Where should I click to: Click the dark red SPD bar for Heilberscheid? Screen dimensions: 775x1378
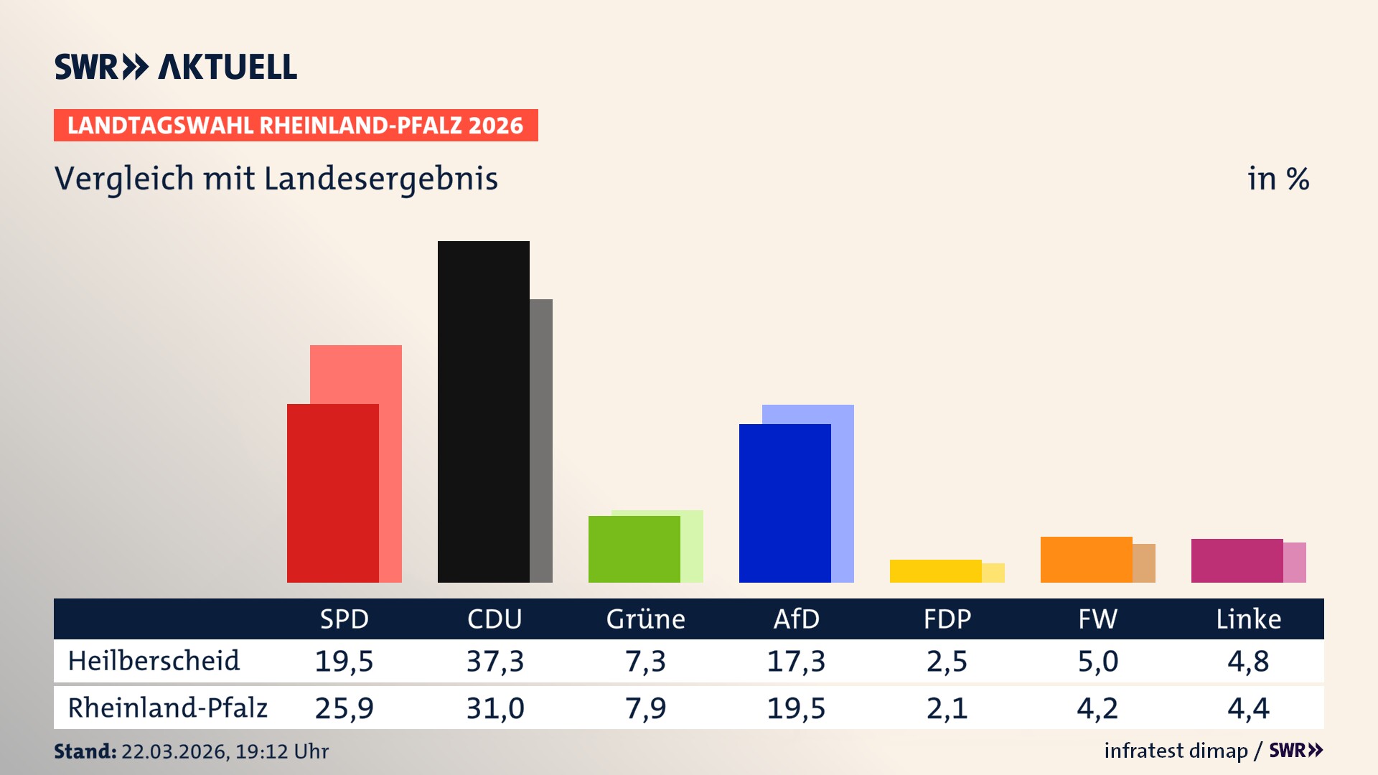[x=332, y=493]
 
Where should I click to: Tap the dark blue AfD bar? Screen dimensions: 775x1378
[x=784, y=503]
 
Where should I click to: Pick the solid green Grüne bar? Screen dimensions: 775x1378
[x=634, y=549]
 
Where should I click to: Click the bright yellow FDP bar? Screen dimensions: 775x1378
[x=935, y=571]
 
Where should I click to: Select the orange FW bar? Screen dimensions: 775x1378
[x=1086, y=560]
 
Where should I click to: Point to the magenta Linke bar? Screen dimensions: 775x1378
[x=1237, y=560]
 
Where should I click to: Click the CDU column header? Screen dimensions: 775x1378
[x=495, y=619]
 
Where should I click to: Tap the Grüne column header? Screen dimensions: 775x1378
[x=645, y=619]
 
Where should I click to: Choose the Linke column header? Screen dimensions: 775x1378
[x=1248, y=619]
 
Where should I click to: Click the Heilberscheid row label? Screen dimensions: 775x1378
[x=154, y=661]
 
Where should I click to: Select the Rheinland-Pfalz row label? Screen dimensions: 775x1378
[x=167, y=708]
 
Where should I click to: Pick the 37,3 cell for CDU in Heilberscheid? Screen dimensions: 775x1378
[x=495, y=661]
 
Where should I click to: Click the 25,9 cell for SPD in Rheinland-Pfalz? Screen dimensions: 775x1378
[x=344, y=708]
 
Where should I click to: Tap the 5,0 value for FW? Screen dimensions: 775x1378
[x=1097, y=661]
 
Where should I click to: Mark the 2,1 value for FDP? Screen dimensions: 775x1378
[x=947, y=708]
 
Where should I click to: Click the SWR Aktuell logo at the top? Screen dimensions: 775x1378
[x=176, y=67]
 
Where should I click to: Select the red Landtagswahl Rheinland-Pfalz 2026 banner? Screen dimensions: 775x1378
[x=296, y=126]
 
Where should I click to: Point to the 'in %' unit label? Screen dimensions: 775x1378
[x=1278, y=179]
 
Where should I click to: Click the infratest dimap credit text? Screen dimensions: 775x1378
[x=1176, y=751]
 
